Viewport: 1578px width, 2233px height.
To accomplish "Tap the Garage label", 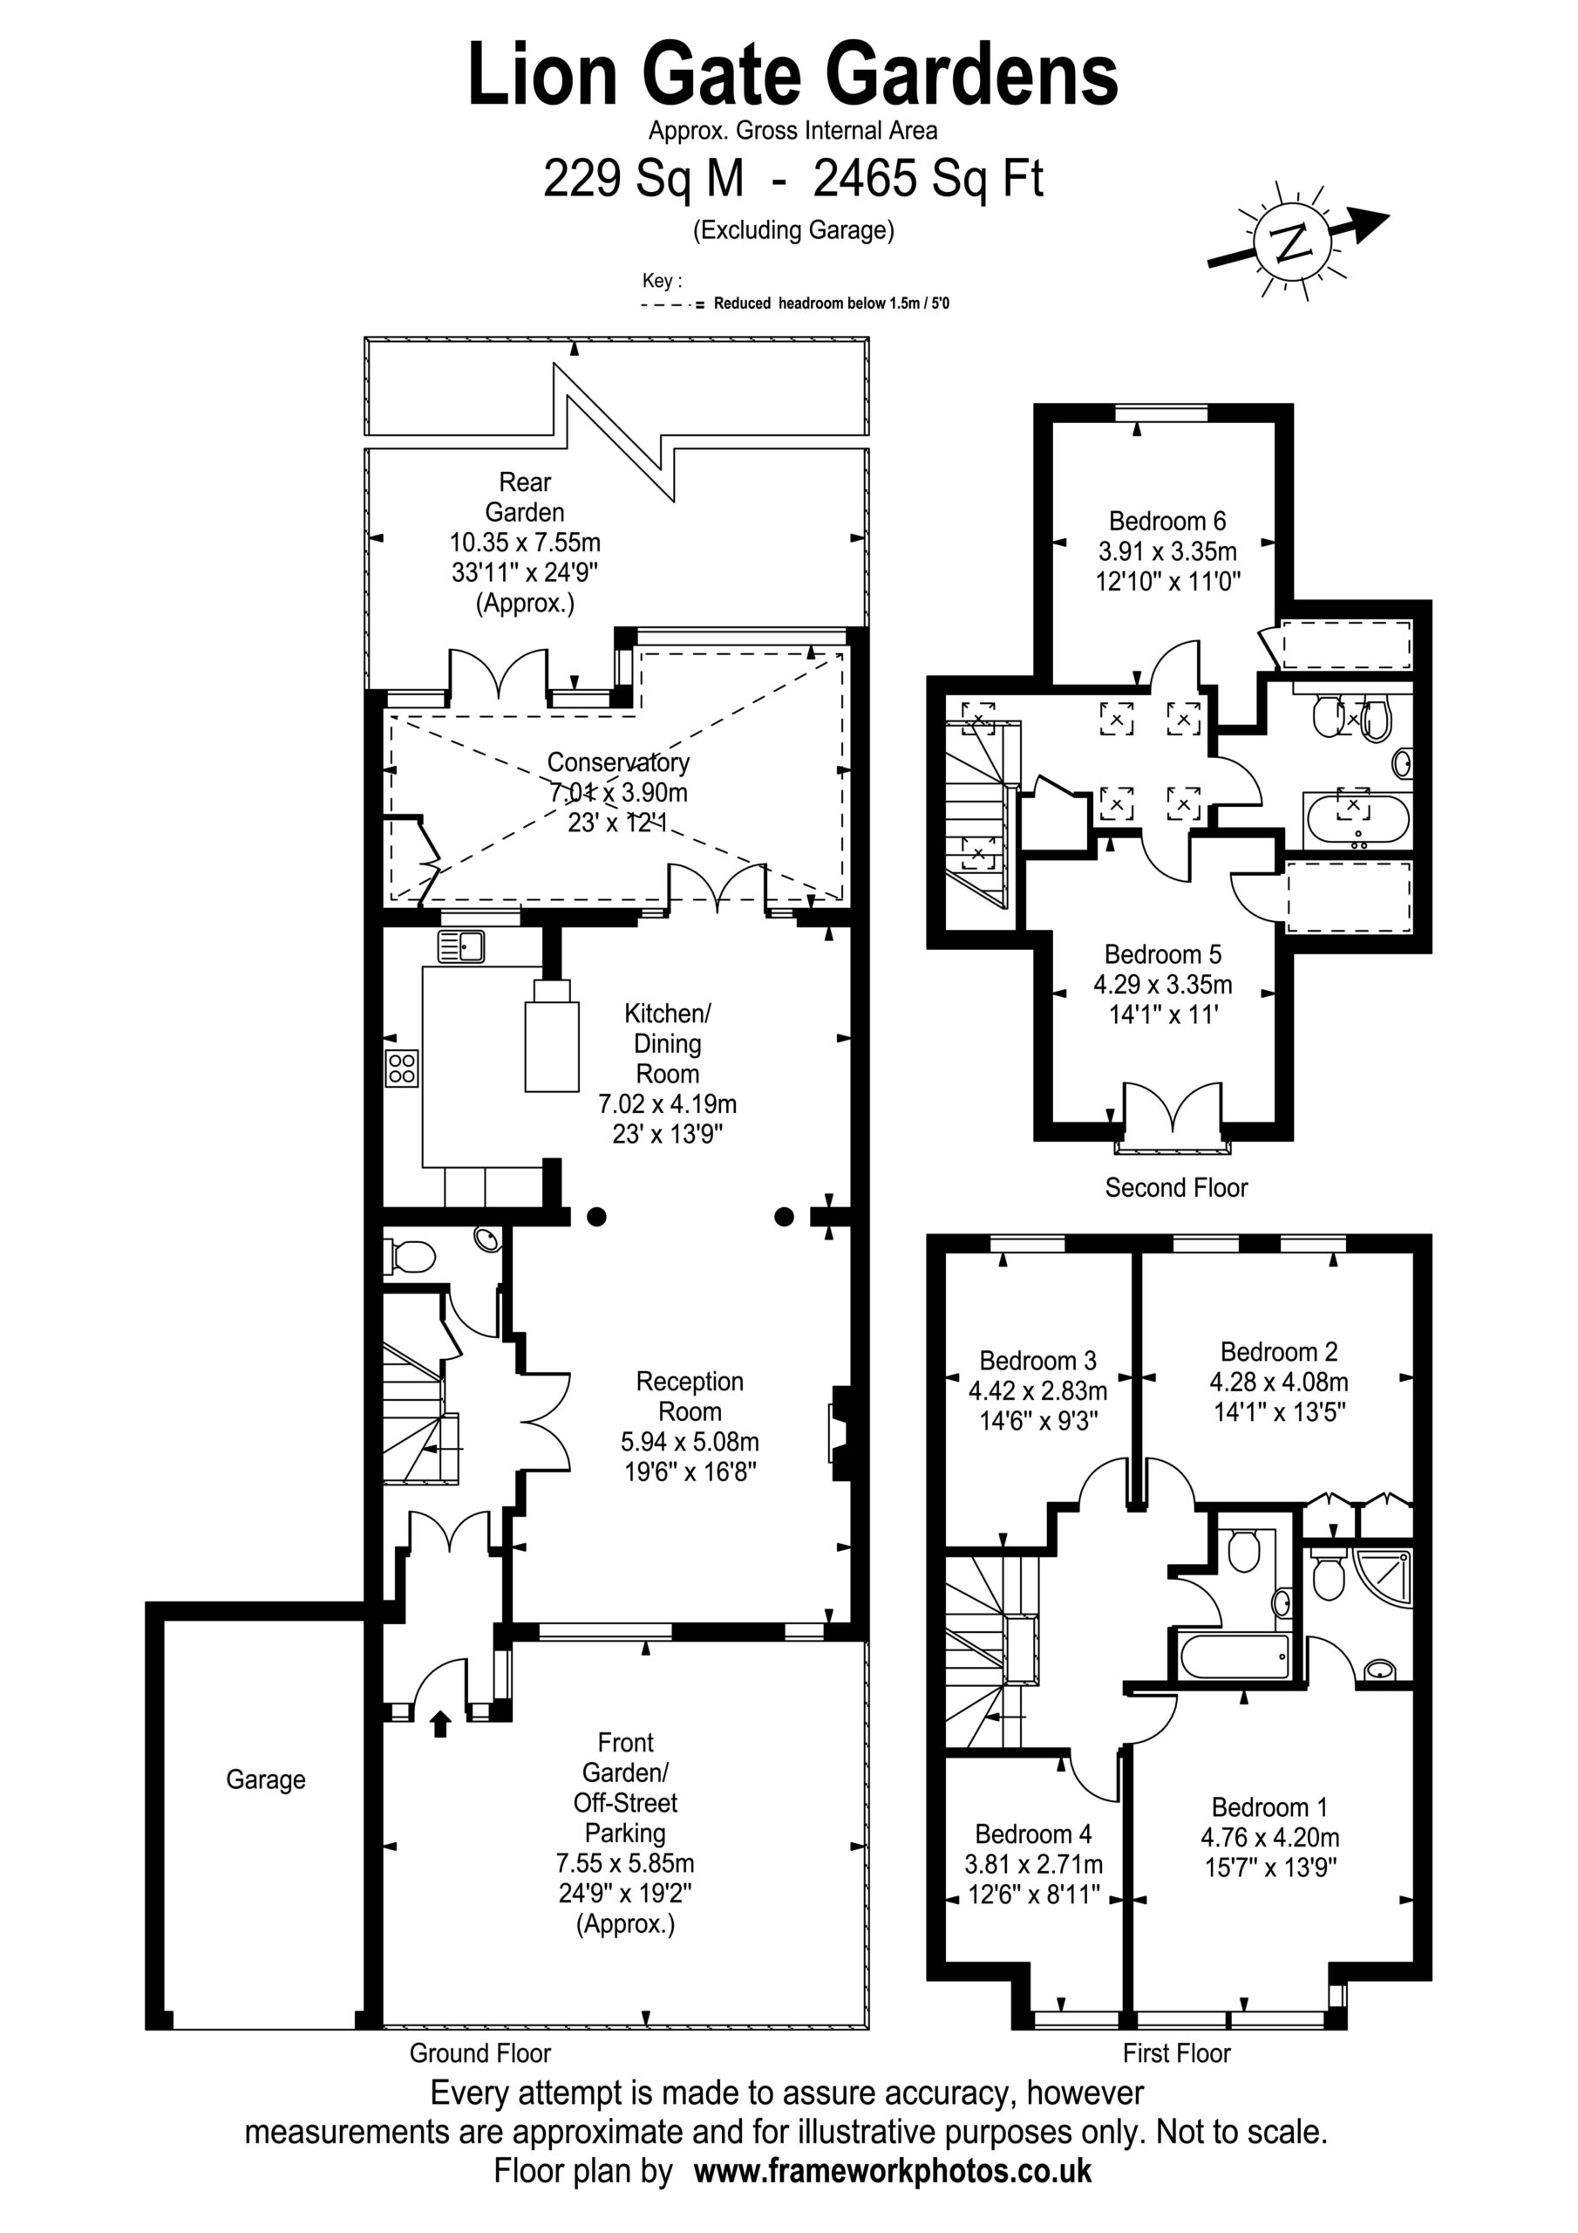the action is (265, 1779).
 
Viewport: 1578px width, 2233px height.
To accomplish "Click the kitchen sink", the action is (461, 946).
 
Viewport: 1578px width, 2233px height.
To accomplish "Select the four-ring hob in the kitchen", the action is (403, 1069).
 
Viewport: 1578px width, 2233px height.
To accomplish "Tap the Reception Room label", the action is (690, 1396).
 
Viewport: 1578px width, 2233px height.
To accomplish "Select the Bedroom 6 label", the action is (1166, 522).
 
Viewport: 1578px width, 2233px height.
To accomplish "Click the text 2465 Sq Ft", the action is (928, 178).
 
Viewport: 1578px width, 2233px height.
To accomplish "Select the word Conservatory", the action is (618, 762).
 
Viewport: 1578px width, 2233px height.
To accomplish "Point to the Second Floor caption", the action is (1176, 1187).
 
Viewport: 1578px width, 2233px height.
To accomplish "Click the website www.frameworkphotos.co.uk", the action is (893, 2171).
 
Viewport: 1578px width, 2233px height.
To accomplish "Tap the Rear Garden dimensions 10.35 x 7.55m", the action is (525, 542).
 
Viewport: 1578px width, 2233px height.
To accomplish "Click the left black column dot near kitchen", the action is (597, 1216).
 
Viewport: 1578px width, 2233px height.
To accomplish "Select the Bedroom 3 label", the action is (1037, 1361).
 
